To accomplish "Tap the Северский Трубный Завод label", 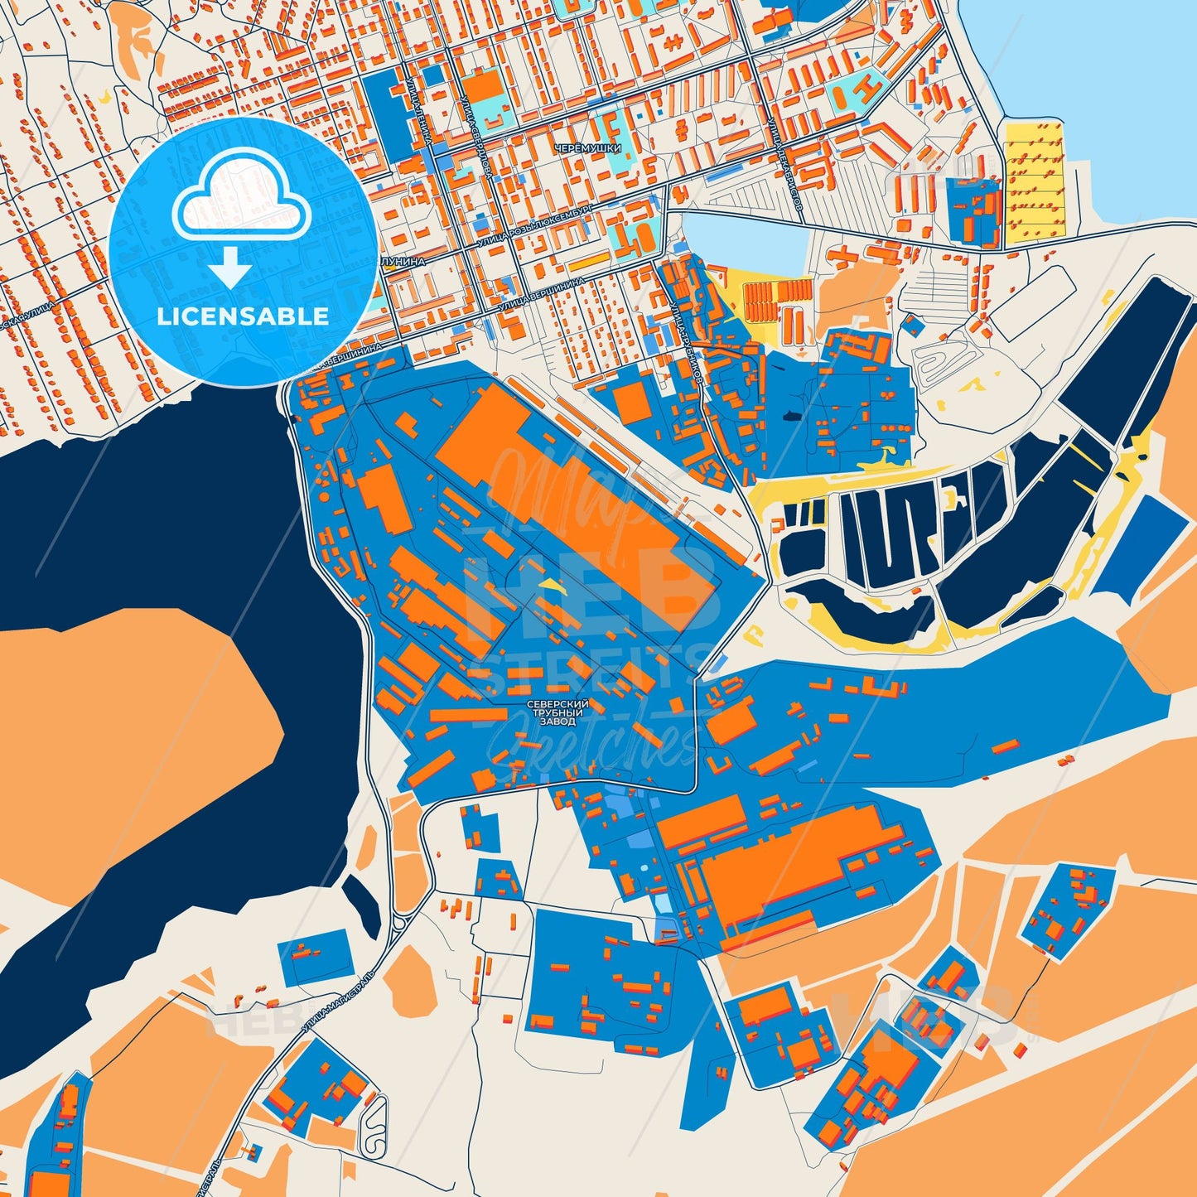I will tap(556, 713).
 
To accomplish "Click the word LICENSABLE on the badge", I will tap(244, 316).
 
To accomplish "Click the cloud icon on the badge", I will tap(241, 200).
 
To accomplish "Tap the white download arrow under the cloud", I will tap(230, 267).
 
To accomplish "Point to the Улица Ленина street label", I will tap(421, 108).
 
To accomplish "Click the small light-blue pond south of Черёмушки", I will tap(746, 241).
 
